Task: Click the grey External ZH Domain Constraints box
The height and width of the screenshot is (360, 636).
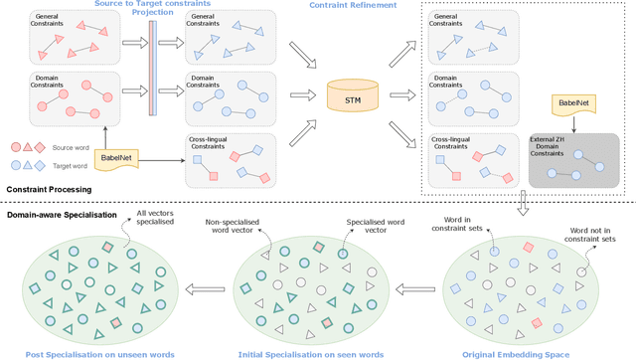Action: (x=574, y=159)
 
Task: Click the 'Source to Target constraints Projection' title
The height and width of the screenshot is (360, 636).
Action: (x=152, y=9)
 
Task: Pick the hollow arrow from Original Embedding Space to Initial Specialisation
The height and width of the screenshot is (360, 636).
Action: (x=410, y=290)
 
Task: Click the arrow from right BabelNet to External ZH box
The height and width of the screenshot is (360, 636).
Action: (x=573, y=126)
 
